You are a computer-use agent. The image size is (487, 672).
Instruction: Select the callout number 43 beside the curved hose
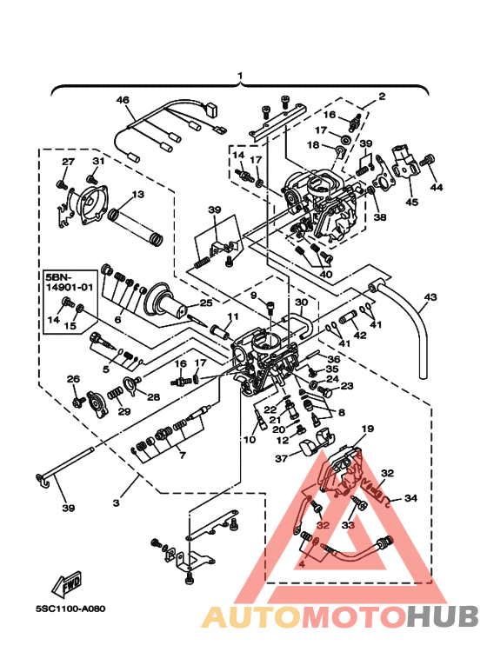[429, 297]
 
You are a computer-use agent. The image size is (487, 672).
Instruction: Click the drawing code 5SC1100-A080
[70, 609]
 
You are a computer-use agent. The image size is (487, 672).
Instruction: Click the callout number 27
[68, 163]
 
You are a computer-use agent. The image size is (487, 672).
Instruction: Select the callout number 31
[98, 162]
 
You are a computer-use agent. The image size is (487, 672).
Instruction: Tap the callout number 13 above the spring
[137, 194]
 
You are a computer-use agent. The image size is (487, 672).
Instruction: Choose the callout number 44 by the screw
[437, 187]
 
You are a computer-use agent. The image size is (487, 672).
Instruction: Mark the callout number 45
[411, 203]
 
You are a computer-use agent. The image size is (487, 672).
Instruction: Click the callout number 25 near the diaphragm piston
[205, 303]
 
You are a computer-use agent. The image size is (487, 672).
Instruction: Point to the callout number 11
[232, 316]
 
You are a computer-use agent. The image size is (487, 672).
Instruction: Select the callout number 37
[281, 458]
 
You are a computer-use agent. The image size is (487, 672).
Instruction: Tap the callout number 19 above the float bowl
[367, 429]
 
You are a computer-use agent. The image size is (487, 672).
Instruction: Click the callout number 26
[74, 379]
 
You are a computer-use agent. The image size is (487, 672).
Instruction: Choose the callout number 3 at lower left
[116, 503]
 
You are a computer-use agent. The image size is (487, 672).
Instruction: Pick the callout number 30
[301, 303]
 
